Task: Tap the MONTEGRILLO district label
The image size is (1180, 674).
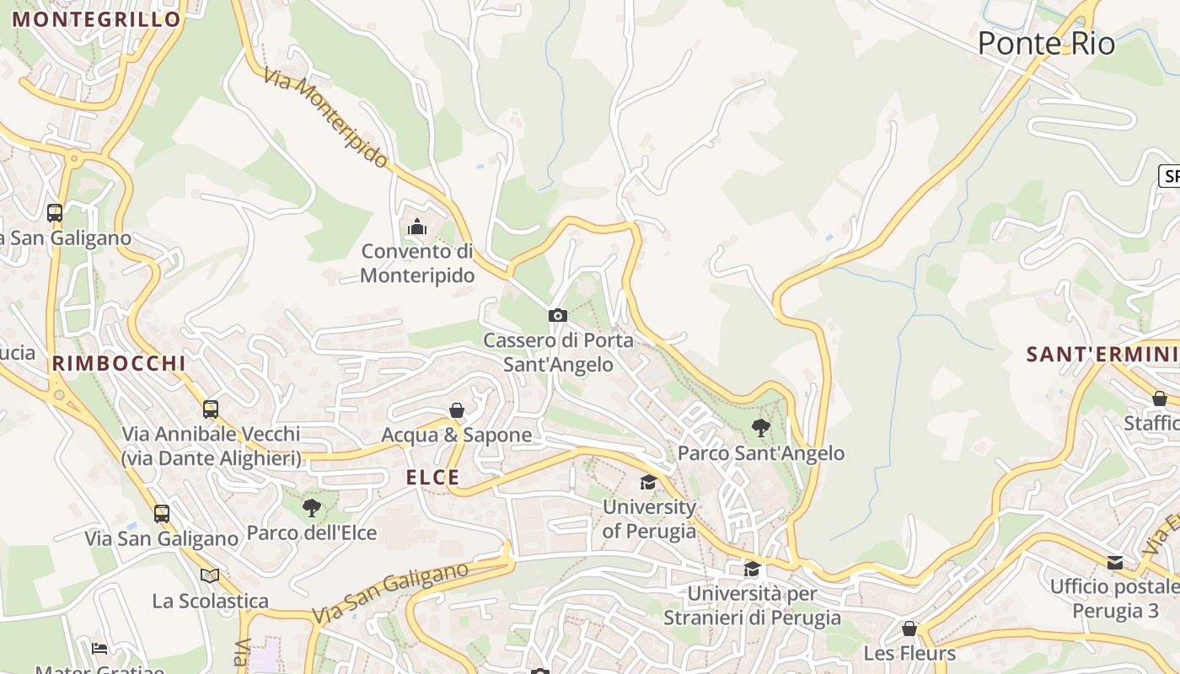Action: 97,19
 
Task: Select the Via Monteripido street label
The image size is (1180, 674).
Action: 326,117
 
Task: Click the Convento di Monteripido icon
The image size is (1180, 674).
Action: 416,227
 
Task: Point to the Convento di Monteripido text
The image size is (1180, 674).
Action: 417,263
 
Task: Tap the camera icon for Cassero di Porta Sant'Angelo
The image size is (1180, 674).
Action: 557,315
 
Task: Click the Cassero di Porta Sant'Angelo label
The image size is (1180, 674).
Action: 558,352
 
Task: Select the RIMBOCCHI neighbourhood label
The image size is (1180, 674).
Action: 119,363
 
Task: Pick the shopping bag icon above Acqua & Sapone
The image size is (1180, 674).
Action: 457,410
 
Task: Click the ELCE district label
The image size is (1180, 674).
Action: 433,478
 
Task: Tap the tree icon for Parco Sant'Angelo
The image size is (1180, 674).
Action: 760,428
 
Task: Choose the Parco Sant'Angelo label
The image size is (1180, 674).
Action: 761,453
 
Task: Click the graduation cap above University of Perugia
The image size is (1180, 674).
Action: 648,482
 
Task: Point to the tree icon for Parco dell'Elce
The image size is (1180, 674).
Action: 312,507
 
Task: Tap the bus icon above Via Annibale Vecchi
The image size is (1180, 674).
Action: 211,409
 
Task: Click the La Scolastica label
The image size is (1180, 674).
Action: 211,601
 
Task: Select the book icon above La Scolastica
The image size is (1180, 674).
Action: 210,575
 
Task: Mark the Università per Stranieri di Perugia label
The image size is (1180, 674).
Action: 752,605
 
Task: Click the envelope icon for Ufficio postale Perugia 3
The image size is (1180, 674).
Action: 1115,562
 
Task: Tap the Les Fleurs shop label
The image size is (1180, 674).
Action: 909,653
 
